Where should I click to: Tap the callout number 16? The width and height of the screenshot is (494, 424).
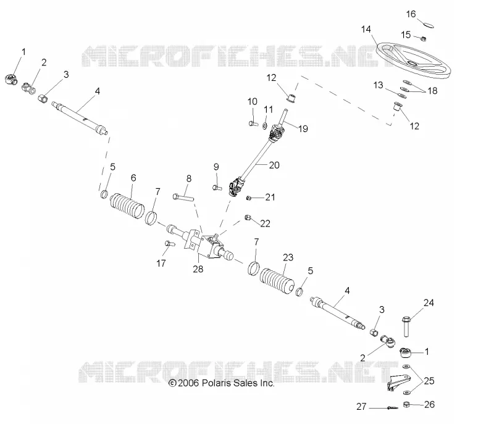point(411,14)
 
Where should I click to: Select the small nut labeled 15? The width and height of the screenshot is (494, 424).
point(424,38)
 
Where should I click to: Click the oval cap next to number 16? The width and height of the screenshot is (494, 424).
point(428,25)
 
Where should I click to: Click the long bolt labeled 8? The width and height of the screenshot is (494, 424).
point(183,197)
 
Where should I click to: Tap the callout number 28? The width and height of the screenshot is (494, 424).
point(198,269)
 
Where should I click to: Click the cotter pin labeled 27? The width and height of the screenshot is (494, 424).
point(393,408)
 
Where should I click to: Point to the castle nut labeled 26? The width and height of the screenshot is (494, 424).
point(406,404)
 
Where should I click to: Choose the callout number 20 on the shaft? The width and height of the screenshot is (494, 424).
point(274,165)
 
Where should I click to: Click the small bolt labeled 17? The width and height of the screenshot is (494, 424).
point(169,244)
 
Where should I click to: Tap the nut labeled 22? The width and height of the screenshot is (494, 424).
point(248,217)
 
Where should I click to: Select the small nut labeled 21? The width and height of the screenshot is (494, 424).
point(248,197)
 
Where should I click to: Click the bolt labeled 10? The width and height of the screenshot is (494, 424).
point(253,123)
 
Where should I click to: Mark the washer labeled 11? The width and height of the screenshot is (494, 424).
point(265,126)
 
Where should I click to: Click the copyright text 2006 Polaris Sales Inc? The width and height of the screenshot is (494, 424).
point(222,383)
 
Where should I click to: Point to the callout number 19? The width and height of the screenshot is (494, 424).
point(303,129)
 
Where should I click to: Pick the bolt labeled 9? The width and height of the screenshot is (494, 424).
point(217,188)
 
